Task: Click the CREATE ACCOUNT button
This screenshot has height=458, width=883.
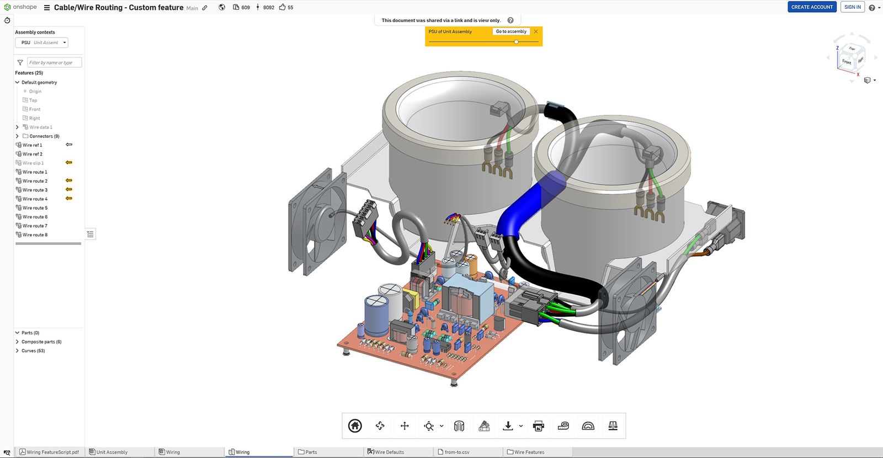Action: tap(811, 7)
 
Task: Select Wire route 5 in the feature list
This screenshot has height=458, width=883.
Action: tap(35, 208)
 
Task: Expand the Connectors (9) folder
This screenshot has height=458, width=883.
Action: tap(17, 136)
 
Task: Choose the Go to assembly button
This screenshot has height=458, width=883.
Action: tap(510, 31)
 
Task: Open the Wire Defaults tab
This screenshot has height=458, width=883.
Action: tap(389, 452)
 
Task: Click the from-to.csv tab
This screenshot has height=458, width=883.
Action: tap(457, 452)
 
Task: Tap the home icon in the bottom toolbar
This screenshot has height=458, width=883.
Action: tap(355, 425)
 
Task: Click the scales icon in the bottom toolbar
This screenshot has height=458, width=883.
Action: tap(613, 425)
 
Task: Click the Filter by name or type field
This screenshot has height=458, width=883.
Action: tap(54, 62)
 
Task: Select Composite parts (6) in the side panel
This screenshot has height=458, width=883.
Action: tap(41, 342)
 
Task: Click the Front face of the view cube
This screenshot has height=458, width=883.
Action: tap(846, 61)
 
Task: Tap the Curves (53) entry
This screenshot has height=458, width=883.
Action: tap(33, 350)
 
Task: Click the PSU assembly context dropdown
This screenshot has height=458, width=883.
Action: tap(41, 42)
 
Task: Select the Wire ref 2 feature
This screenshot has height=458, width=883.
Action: tap(32, 154)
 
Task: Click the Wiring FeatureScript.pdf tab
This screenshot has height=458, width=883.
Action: tap(52, 452)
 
